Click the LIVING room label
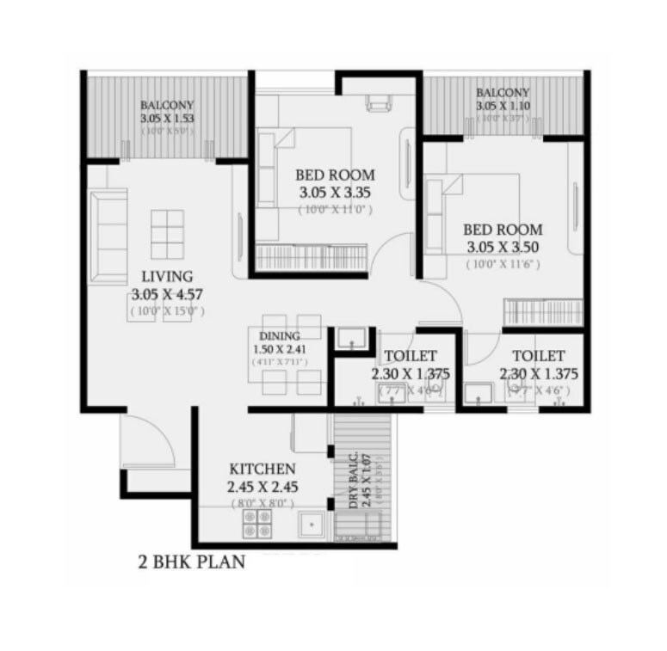coord(167,276)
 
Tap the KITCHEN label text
coord(262,470)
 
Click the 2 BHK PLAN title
coord(192,563)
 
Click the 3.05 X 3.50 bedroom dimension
coord(503,247)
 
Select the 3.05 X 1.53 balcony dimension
coord(168,119)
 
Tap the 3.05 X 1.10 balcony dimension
coord(503,105)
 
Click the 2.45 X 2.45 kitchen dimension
coord(262,487)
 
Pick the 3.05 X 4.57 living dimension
coord(167,293)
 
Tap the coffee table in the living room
coord(167,229)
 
